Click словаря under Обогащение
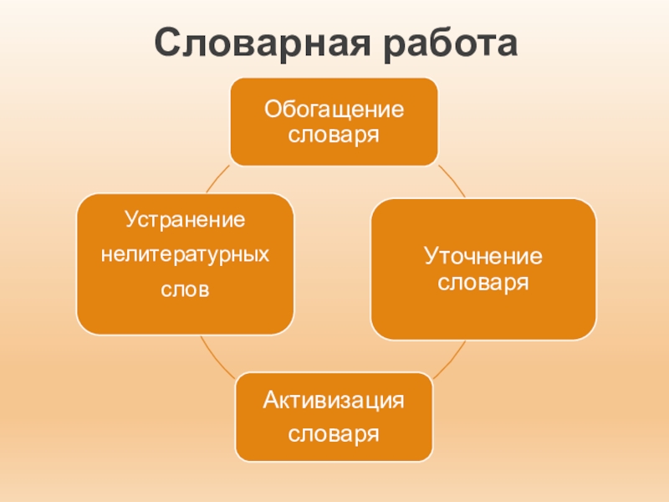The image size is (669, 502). click(x=334, y=134)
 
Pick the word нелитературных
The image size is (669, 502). click(x=185, y=253)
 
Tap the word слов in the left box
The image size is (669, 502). click(x=185, y=289)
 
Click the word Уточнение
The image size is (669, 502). click(x=483, y=255)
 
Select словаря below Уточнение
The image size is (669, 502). click(x=483, y=282)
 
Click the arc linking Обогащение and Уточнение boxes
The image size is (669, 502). click(x=452, y=180)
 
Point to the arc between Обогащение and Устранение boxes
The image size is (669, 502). click(x=217, y=178)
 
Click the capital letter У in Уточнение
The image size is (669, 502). click(x=430, y=255)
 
